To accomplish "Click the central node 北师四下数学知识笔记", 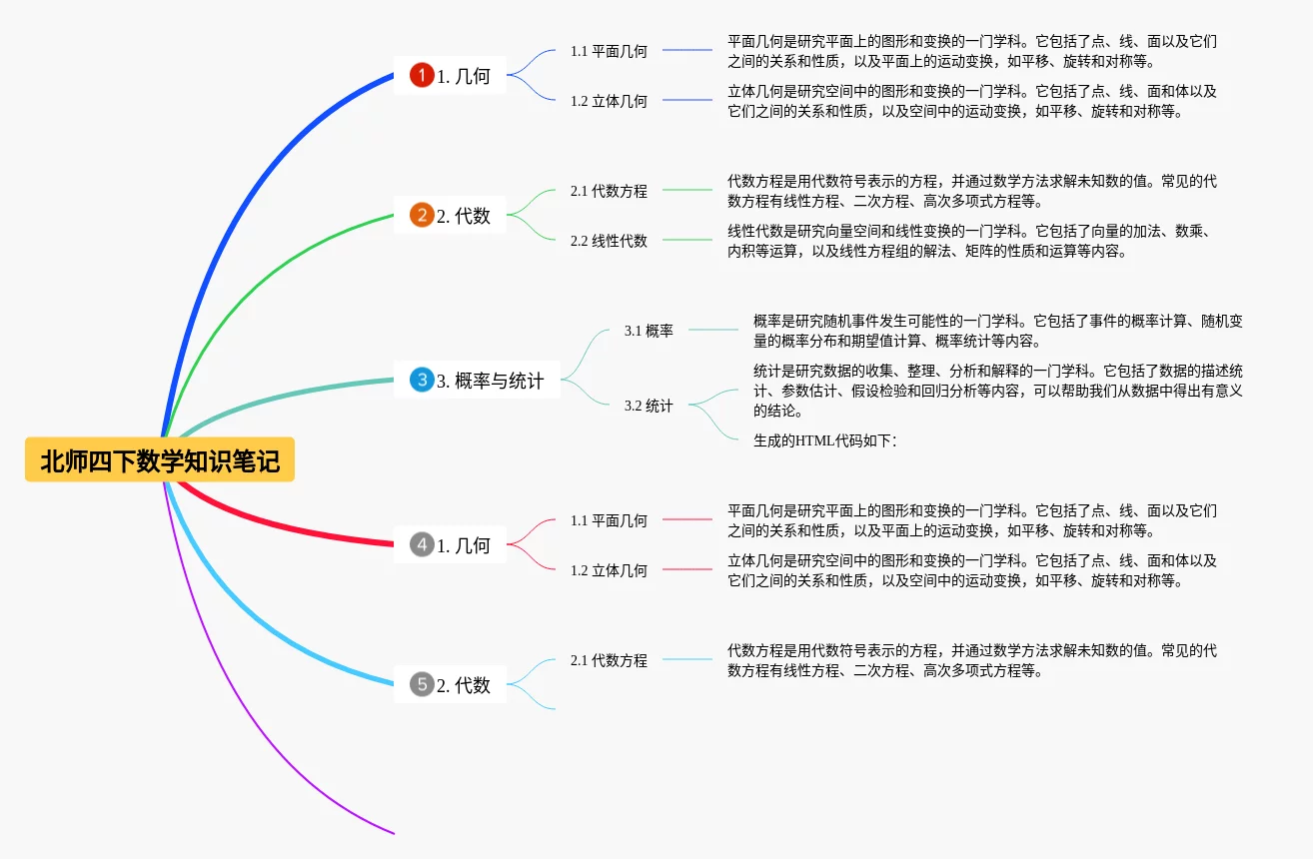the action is [160, 460].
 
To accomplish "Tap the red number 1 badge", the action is [422, 75].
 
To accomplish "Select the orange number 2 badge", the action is [422, 215].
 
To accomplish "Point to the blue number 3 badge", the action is [422, 380].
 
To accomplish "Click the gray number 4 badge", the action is [422, 544].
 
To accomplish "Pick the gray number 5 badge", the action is [422, 684].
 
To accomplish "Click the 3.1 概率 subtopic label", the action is [649, 331].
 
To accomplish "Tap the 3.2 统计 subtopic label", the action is [649, 406].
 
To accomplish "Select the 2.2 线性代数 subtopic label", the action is [609, 241].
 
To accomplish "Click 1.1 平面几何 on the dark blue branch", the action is [609, 51].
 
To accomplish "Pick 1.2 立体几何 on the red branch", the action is [609, 570].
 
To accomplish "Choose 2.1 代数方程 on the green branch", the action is [609, 191].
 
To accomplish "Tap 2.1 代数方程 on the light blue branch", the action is [609, 660].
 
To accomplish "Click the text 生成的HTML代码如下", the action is [824, 440].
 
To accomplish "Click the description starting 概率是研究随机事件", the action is [997, 331].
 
